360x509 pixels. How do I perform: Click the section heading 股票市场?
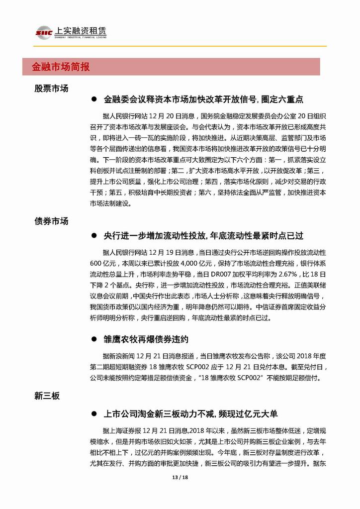51,88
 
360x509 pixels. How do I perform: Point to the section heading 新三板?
48,396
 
